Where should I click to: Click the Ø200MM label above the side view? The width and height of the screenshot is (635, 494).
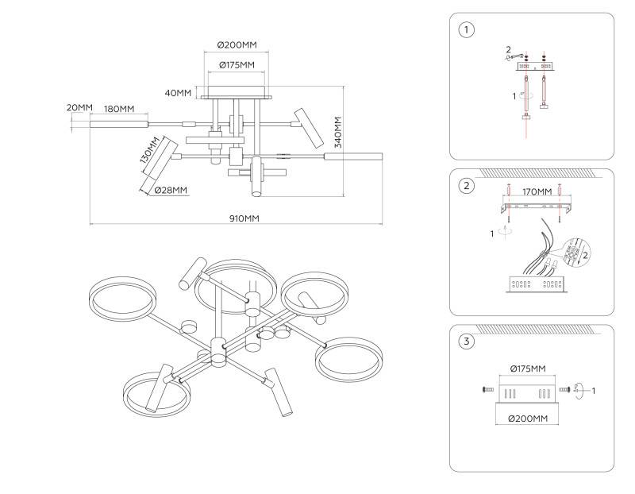coord(237,45)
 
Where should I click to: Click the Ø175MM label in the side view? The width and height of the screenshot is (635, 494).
coord(236,64)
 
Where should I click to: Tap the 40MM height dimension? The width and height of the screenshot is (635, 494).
coord(179,93)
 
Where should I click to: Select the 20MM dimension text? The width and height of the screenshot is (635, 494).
coord(79,108)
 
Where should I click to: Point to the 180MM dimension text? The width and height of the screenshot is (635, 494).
coord(119,108)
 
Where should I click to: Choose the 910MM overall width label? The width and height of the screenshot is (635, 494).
coord(245,218)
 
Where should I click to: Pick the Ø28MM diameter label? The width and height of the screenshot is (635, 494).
coord(171,190)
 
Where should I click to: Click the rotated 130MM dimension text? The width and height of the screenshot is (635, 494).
coord(146,151)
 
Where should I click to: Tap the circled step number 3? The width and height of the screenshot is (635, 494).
coord(467,342)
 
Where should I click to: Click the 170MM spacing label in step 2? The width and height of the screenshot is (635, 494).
coord(537,191)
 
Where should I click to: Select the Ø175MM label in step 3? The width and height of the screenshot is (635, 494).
coord(526,369)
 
